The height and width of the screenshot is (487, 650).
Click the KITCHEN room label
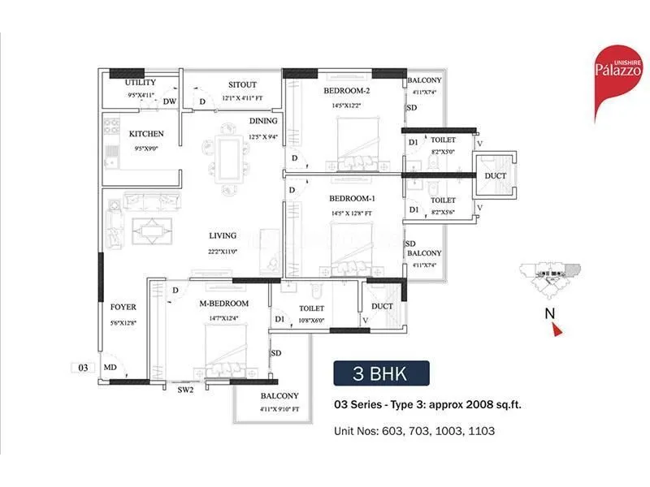pos(146,134)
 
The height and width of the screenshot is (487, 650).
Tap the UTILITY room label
pos(141,84)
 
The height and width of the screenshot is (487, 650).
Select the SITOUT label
pos(242,84)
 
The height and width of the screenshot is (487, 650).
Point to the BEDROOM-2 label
pos(347,90)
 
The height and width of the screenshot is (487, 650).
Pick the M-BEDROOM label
pos(223,304)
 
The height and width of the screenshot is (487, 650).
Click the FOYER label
pos(123,307)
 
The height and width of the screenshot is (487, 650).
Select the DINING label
pos(263,121)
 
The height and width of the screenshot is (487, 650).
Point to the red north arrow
pos(557,328)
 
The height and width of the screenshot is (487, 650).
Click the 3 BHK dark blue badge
pos(381,374)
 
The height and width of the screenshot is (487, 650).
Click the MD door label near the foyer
pos(109,368)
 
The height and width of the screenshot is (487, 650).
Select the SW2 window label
pos(186,390)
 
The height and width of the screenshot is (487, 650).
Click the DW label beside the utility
pos(169,101)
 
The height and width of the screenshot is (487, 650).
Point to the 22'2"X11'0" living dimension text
pos(221,252)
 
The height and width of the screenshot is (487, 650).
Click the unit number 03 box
pos(83,368)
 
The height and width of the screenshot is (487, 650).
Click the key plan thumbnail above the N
pos(550,278)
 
